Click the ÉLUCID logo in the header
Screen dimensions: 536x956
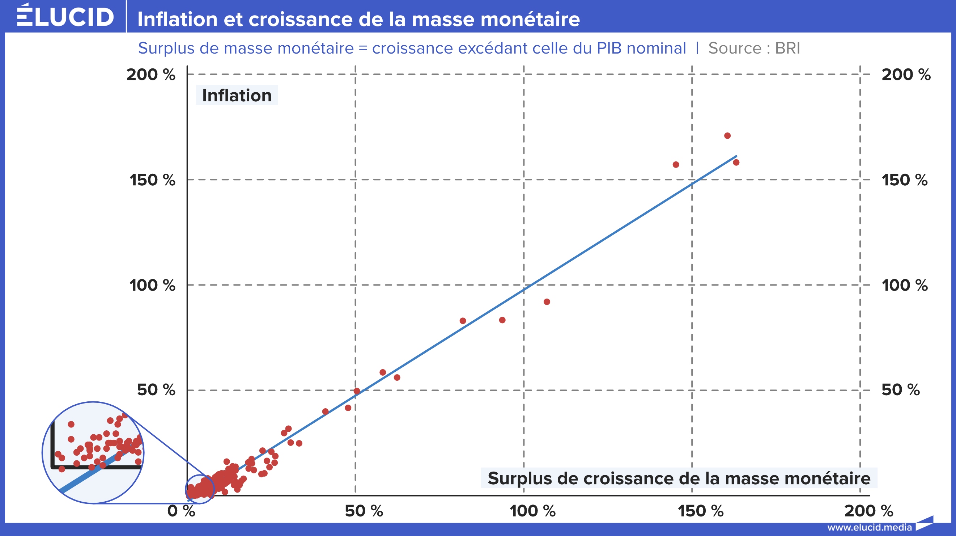click(x=65, y=16)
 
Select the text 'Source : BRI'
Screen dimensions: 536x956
click(x=754, y=48)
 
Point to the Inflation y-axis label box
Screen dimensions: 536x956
click(x=237, y=96)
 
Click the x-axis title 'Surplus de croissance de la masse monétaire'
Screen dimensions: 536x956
click(x=679, y=478)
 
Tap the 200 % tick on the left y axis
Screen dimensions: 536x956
click(x=151, y=75)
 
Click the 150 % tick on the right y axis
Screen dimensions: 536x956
click(x=905, y=180)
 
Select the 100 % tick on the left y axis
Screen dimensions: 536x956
click(x=152, y=286)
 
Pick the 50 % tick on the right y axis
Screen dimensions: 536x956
click(x=901, y=390)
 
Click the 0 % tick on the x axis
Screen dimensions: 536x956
click(x=181, y=511)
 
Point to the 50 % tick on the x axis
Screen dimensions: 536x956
click(x=364, y=511)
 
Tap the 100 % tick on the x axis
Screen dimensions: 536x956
click(x=532, y=511)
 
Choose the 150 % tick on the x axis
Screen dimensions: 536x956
click(x=701, y=511)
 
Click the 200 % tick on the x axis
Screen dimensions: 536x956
click(x=868, y=511)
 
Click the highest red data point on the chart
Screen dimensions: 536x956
click(x=727, y=136)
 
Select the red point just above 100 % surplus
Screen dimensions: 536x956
click(x=547, y=302)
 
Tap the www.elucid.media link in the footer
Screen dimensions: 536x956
click(x=869, y=527)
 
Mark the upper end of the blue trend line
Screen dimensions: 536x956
click(x=736, y=156)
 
